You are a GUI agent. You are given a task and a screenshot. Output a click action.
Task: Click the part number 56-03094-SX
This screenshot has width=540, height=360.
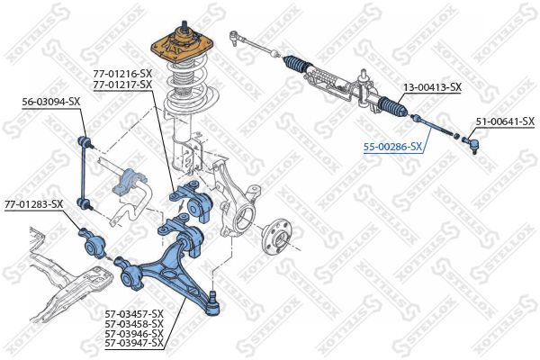coord(51,102)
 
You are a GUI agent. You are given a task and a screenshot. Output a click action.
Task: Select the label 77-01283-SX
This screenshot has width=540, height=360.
coord(34,204)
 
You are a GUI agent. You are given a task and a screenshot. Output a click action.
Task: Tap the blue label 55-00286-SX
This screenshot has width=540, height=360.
coord(392,147)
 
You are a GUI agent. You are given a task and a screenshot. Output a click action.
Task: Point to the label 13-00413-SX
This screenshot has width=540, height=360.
coord(432,87)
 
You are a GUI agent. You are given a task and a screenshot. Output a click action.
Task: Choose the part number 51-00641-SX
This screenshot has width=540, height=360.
coord(505,121)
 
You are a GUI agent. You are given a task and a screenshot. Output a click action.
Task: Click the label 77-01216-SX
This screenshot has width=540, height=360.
coord(122,74)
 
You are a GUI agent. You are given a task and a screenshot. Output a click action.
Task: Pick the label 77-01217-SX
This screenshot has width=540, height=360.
coord(122,85)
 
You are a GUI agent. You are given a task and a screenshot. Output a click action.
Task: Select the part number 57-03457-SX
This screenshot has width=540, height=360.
coord(134,314)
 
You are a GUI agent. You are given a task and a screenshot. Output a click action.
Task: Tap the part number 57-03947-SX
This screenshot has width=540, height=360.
coord(134,343)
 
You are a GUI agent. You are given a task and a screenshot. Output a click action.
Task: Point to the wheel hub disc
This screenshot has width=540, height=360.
coord(276,236)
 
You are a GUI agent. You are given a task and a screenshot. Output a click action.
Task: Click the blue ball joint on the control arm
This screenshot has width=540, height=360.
coord(213,304)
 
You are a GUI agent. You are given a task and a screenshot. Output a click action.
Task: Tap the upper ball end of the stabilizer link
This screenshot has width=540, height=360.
coord(84,142)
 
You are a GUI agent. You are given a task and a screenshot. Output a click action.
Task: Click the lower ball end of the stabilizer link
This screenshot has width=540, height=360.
coord(84,203)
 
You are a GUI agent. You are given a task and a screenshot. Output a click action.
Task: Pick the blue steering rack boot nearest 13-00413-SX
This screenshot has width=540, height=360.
coord(392,107)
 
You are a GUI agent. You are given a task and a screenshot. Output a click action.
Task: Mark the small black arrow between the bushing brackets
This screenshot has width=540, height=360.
coord(180,206)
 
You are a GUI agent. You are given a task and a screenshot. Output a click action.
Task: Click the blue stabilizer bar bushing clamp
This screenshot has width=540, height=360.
coord(131,181)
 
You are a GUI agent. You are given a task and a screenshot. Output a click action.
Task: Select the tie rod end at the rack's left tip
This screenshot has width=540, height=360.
coord(235,37)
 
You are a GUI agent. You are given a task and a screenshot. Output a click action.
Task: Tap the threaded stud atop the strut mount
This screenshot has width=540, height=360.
coord(184,25)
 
